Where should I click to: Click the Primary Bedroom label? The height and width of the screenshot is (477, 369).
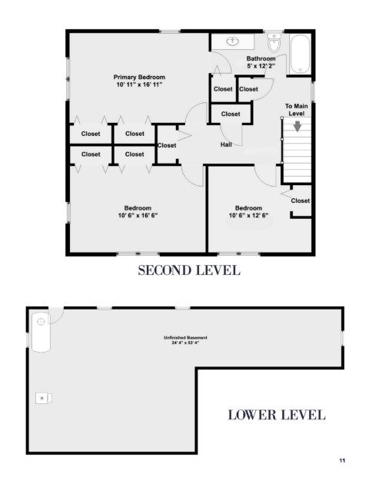pos(139,78)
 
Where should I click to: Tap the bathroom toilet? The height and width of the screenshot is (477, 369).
pos(274,43)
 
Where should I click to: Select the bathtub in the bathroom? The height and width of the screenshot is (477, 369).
pos(300,54)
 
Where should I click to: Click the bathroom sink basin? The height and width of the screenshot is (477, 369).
pos(234,41)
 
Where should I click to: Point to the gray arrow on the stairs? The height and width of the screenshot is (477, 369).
pos(298,126)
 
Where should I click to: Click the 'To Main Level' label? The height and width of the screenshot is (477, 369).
pos(296,110)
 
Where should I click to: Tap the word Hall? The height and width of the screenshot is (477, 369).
pos(226,145)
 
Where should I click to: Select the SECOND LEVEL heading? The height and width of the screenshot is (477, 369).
pos(189,270)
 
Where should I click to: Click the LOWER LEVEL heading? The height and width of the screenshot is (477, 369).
pos(277,415)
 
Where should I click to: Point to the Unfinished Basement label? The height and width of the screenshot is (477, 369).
pos(185,337)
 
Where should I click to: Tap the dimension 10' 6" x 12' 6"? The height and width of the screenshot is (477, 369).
pos(248,216)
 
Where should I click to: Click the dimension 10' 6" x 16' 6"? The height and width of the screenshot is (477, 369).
pos(138,216)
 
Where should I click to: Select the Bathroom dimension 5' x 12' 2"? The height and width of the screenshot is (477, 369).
pos(261,66)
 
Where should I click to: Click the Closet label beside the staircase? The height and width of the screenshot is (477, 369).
pos(300,200)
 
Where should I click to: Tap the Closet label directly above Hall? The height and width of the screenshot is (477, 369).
pos(231,114)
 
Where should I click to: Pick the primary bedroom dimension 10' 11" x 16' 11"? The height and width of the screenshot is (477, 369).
pos(139,84)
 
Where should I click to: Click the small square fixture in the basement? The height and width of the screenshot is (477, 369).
pos(44,398)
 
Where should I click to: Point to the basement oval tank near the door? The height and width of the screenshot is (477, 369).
pos(41,332)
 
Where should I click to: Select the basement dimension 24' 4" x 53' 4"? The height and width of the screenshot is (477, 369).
pos(185,343)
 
